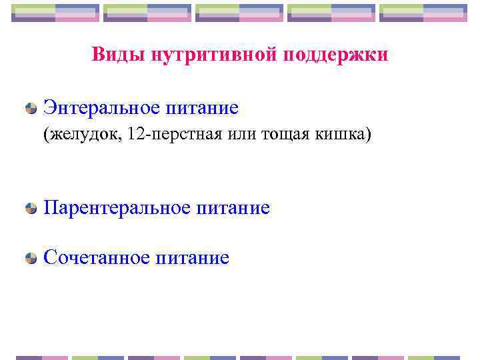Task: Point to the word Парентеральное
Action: point(119,208)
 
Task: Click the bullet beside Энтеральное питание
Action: point(31,107)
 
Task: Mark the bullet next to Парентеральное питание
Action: point(31,209)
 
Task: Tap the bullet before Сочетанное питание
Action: point(31,258)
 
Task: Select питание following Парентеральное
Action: point(234,208)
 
